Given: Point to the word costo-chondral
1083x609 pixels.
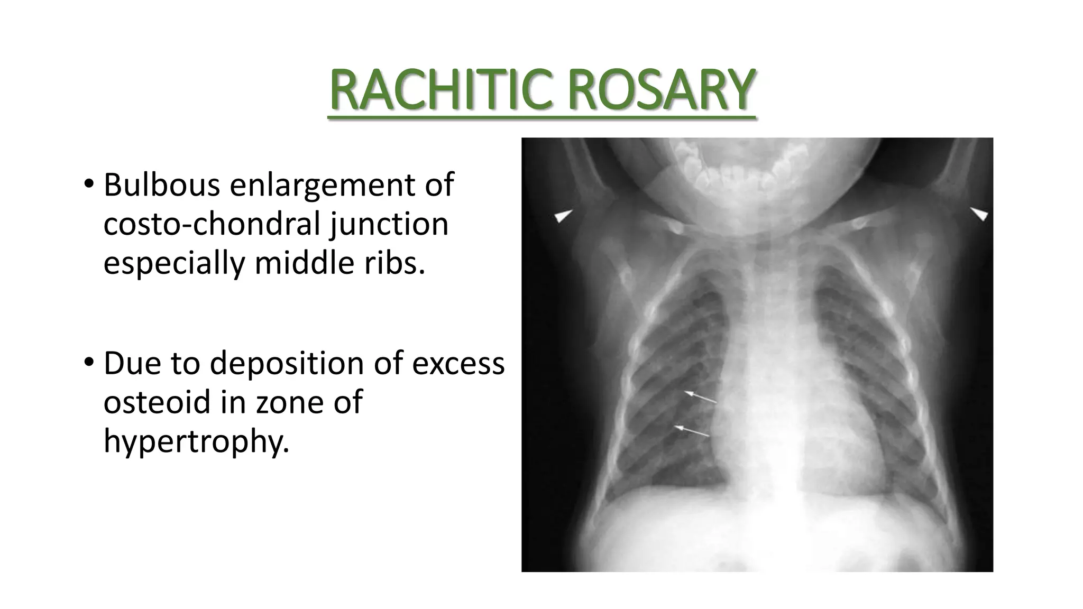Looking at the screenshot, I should point(212,224).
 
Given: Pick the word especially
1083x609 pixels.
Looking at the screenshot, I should point(174,263).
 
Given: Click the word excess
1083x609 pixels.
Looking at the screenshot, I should point(458,364).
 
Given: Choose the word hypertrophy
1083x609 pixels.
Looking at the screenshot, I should point(196,441).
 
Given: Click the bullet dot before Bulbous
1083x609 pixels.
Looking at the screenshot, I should point(88,184).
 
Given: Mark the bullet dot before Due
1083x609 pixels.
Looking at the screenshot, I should point(88,363).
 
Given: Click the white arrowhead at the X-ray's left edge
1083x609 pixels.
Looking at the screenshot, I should point(563,216).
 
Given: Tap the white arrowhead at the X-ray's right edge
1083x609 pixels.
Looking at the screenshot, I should point(979,214).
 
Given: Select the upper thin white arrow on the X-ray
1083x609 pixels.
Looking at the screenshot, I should point(701,397).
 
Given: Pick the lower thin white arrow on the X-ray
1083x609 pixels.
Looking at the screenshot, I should point(693,431).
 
